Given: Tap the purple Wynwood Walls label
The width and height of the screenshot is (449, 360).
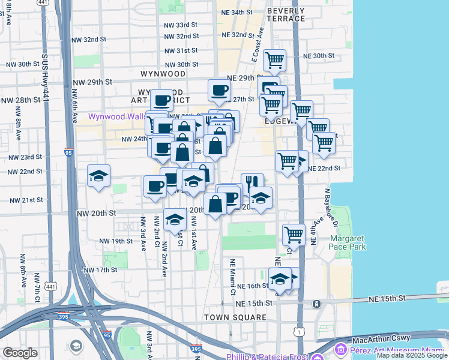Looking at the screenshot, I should click(x=116, y=116).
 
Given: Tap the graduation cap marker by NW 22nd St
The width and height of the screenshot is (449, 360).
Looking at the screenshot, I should click(x=98, y=176).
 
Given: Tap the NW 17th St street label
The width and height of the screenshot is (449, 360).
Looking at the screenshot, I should click(x=100, y=270).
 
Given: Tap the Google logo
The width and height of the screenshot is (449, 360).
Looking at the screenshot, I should click(x=20, y=353).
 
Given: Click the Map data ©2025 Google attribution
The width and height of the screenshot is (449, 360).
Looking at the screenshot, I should click(x=412, y=356).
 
